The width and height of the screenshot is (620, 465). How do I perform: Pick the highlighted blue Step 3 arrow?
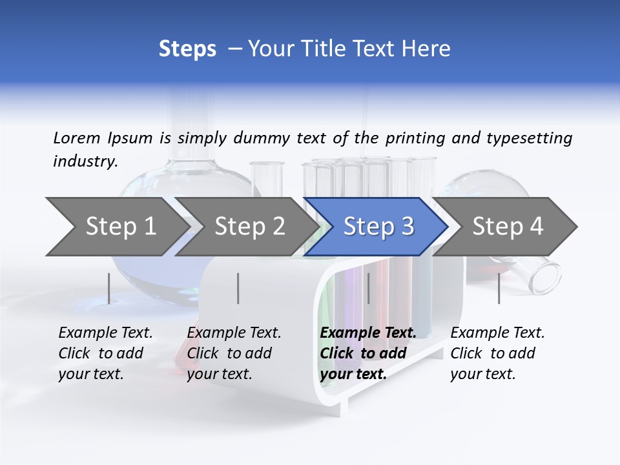378,227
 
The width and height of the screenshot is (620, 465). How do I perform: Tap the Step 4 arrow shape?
508,227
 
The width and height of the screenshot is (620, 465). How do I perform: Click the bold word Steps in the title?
187,49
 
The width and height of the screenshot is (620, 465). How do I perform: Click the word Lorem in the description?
76,138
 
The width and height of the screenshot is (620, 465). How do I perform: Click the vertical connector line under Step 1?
109,288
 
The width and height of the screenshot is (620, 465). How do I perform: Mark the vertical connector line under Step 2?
238,288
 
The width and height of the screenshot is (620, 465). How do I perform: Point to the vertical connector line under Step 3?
368,288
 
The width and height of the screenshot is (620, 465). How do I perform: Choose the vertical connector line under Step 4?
499,288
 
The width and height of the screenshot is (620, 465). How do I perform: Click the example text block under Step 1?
105,353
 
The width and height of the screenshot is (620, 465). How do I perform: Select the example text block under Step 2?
234,353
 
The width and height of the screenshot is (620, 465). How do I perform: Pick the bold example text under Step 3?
367,353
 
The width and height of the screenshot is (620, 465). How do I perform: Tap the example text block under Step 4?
497,353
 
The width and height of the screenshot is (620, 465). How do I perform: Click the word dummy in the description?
262,138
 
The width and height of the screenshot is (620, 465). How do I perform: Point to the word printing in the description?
415,138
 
